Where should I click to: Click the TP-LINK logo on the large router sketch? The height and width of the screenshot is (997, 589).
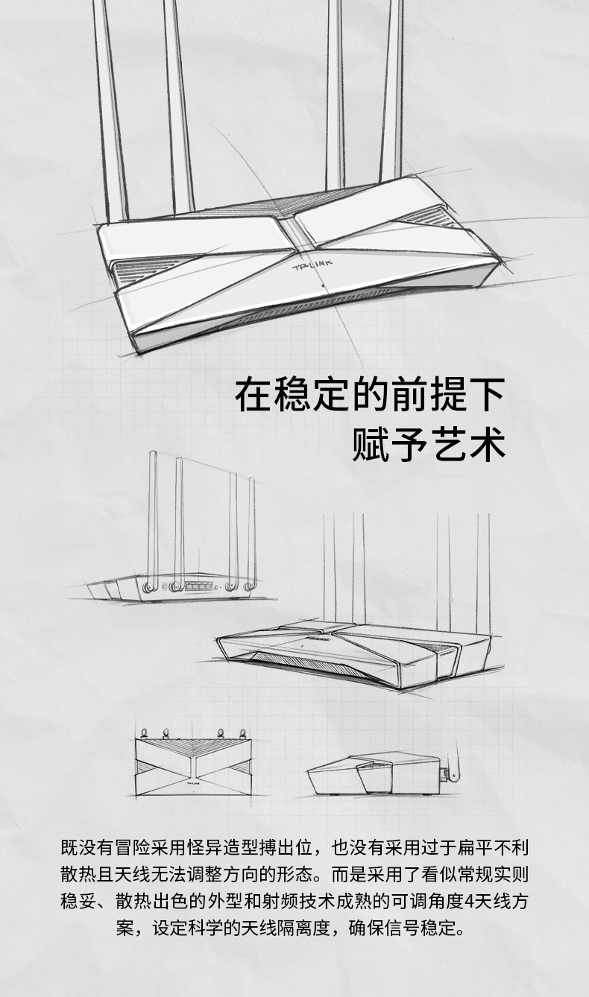312,266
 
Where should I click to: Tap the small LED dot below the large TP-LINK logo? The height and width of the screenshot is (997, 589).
321,283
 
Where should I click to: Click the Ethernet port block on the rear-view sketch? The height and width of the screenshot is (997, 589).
198,585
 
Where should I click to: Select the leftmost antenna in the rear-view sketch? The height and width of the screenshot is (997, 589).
152,521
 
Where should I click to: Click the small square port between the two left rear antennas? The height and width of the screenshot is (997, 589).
164,587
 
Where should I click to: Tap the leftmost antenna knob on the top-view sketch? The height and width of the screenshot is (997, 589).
144,732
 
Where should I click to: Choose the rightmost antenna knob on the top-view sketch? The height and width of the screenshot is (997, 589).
242,732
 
